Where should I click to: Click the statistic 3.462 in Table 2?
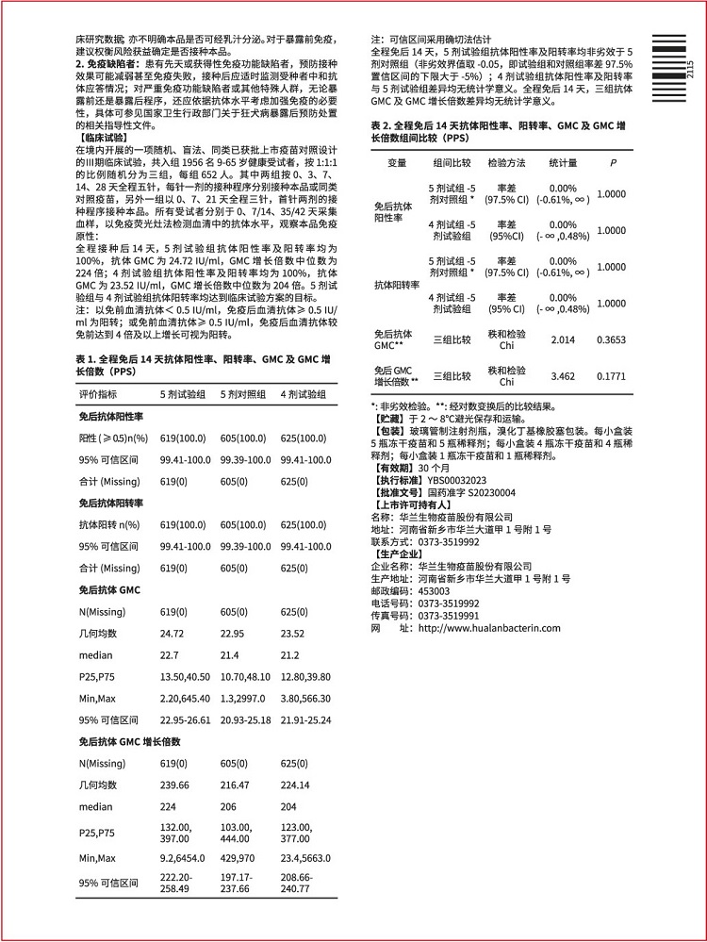tap(562, 376)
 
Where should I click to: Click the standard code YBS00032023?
tap(456, 480)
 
